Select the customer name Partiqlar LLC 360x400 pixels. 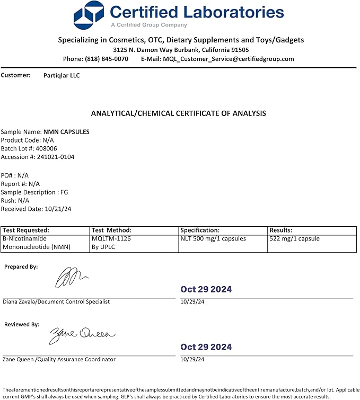[62, 76]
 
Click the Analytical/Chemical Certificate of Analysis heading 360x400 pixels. [179, 113]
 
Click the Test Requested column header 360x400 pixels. [26, 230]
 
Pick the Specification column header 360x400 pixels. [200, 230]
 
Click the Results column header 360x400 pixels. [281, 230]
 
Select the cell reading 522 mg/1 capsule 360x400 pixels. [294, 239]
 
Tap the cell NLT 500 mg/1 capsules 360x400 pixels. [213, 239]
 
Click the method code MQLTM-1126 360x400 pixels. [111, 239]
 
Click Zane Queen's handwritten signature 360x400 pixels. [82, 335]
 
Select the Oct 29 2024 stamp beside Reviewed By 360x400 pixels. [206, 347]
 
